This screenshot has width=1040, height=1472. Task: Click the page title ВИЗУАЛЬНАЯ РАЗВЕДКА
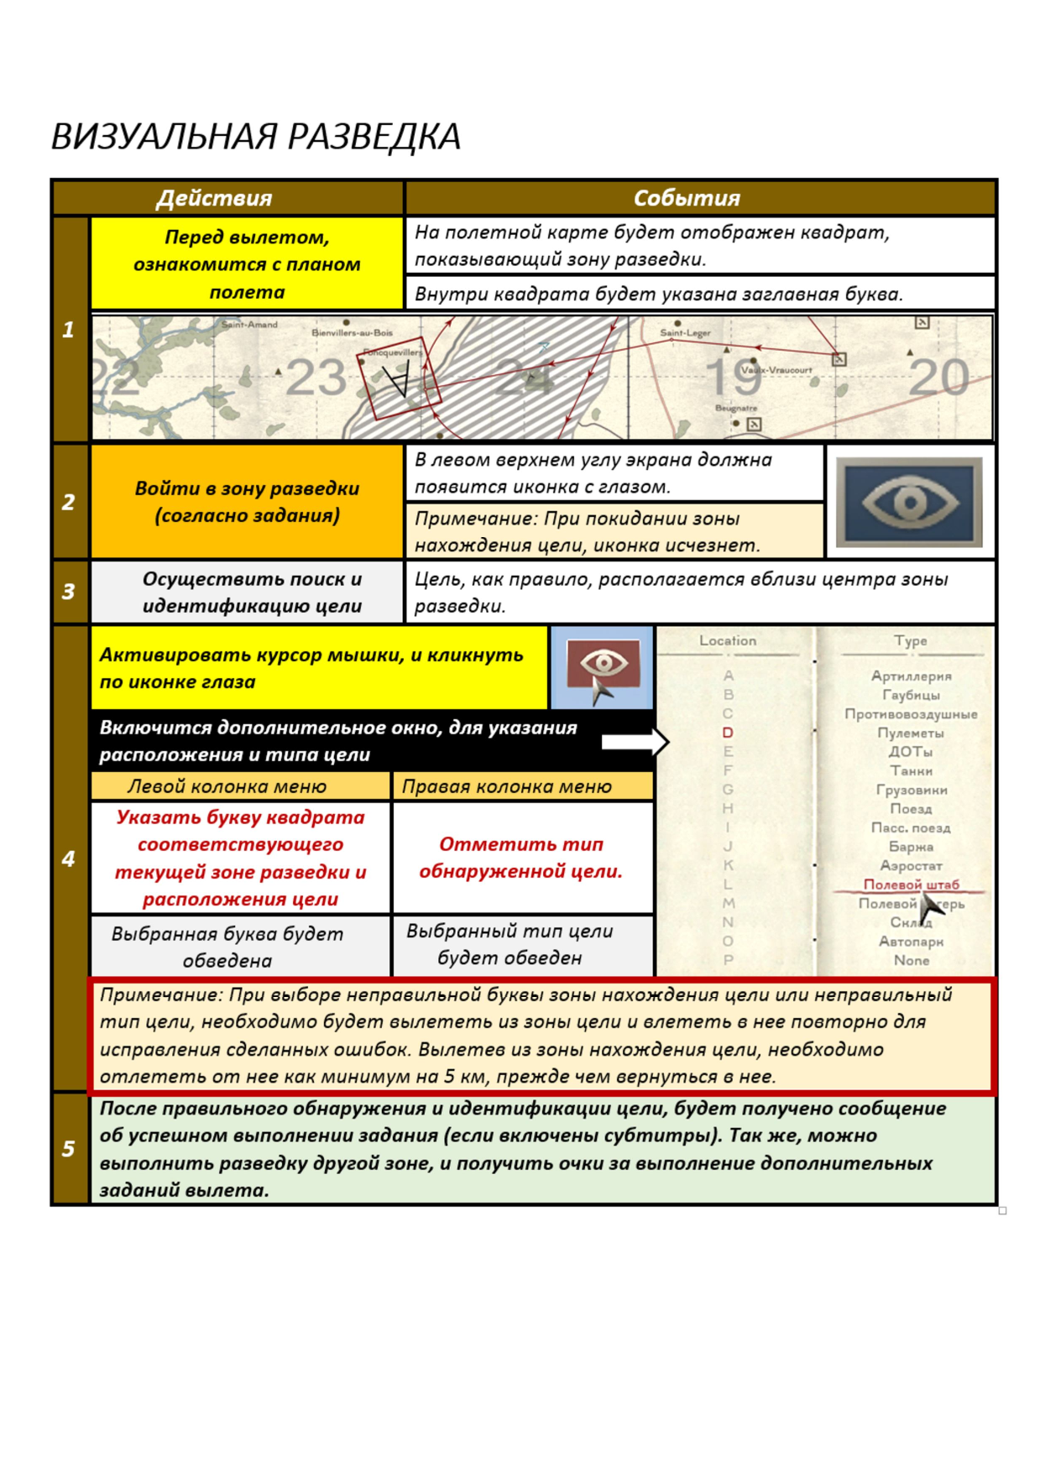[x=256, y=137]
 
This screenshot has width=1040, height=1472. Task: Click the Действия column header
[x=214, y=198]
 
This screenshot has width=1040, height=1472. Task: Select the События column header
[x=687, y=198]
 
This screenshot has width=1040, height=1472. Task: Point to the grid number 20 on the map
[x=938, y=378]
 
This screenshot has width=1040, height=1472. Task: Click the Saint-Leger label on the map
[x=685, y=333]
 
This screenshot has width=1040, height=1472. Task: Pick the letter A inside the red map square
[x=397, y=379]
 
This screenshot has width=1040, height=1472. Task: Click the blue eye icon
[x=909, y=502]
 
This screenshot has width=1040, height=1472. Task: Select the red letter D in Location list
[x=728, y=733]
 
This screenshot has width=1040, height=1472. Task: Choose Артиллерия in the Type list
[x=911, y=676]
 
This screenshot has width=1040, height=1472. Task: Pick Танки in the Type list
[x=911, y=770]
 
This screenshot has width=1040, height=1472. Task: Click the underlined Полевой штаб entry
[x=911, y=885]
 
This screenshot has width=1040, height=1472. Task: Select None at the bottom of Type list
[x=911, y=960]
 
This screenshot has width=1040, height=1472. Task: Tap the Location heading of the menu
[x=728, y=640]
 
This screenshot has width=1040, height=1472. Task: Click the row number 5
[x=69, y=1148]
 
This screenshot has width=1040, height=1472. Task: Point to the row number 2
[x=69, y=502]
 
